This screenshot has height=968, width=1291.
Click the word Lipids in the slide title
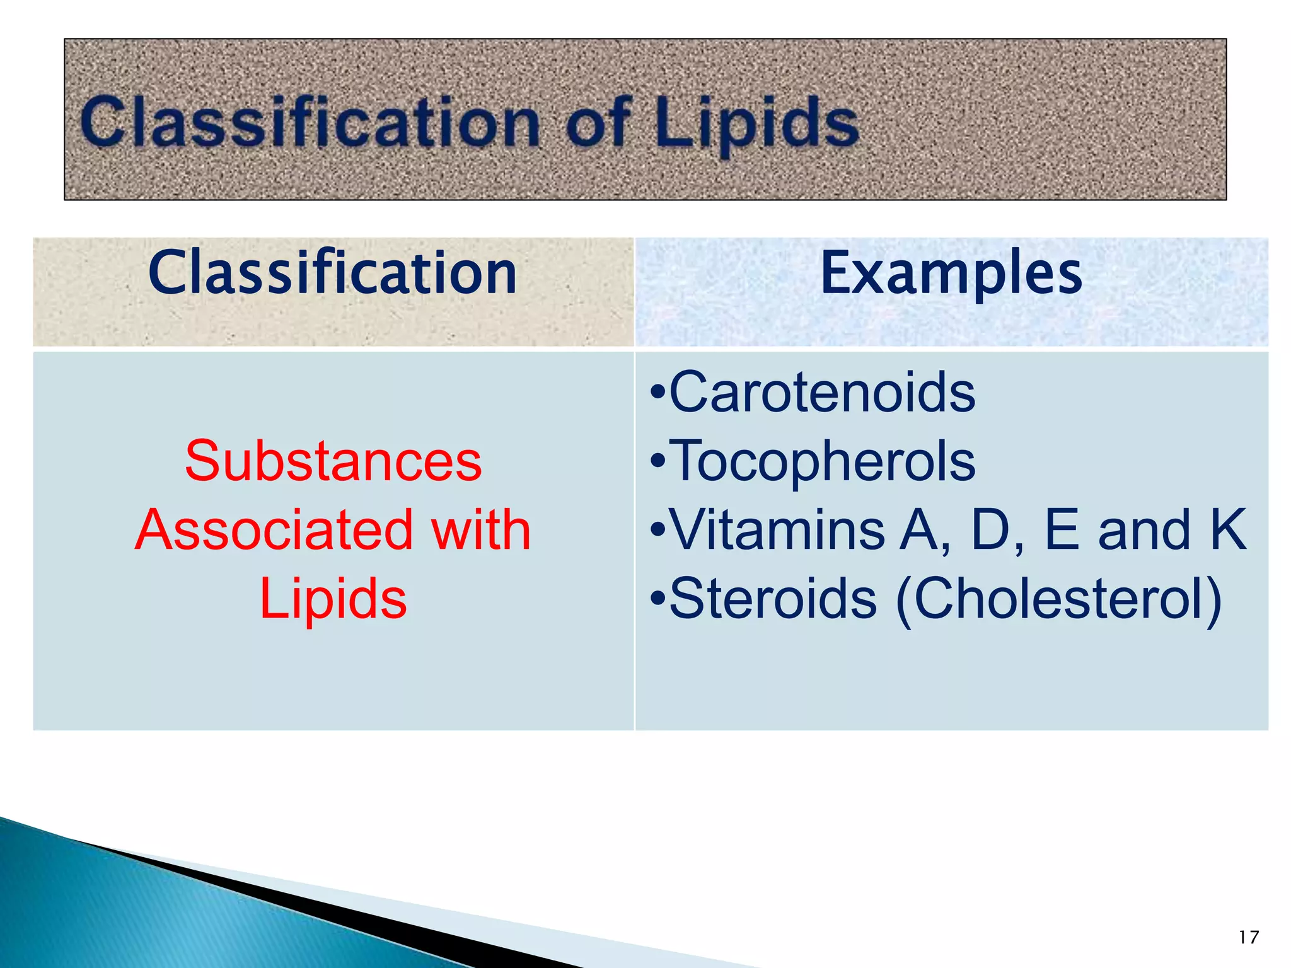pos(756,123)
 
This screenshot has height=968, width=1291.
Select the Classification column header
pos(333,273)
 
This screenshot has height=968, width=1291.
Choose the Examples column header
pos(951,273)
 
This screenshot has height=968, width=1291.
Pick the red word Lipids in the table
pos(333,598)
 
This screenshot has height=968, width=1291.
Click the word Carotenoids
pos(822,392)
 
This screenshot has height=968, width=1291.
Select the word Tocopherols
pos(822,461)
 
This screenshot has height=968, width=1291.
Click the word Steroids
pos(773,598)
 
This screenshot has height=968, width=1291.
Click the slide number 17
pos(1248,937)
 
